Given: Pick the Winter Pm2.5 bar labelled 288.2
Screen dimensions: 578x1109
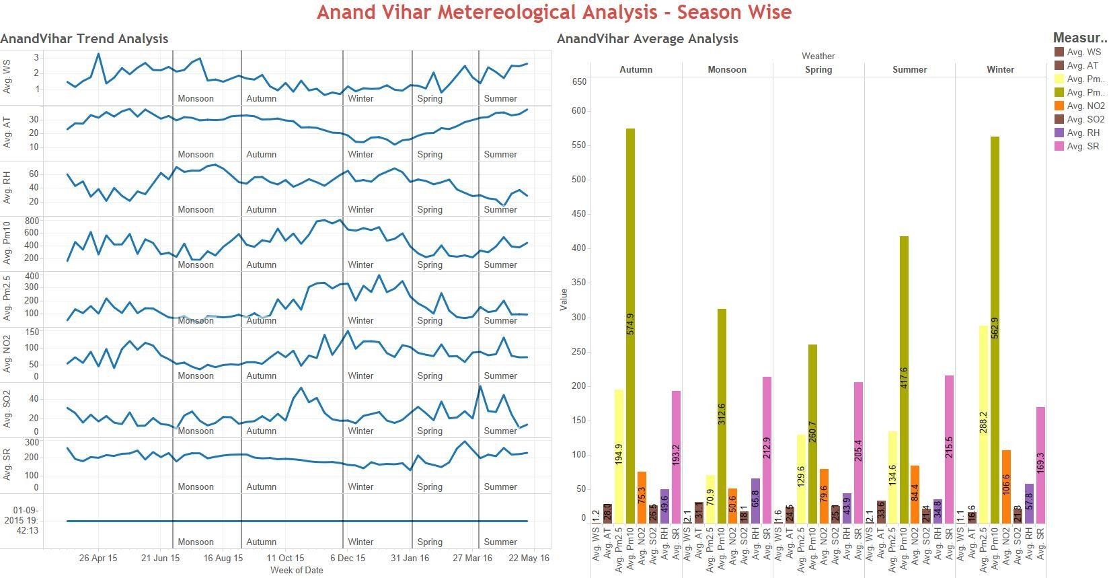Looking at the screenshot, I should click(983, 424).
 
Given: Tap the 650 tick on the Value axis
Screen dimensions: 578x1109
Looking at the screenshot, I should click(579, 82).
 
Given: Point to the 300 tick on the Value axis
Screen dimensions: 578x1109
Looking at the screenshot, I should click(579, 317).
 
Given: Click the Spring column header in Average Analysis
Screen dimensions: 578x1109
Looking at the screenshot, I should click(818, 69).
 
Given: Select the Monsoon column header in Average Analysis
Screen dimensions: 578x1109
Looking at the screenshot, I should click(727, 69).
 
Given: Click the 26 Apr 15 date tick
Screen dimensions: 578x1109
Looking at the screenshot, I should click(98, 558).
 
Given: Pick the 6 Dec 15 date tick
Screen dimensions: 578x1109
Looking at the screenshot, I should click(348, 558).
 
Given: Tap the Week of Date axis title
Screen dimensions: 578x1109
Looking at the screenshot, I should click(297, 570).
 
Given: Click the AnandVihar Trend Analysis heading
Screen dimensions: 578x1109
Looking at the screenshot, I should click(84, 38).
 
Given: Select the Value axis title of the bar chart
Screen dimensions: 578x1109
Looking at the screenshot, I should click(564, 299).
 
